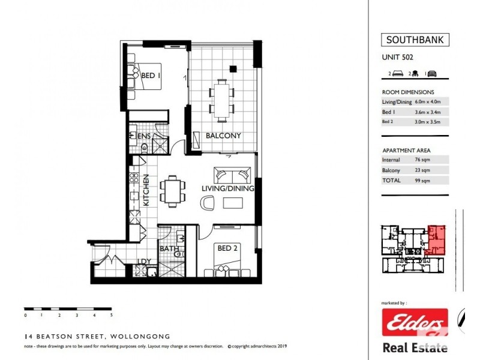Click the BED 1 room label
[x=151, y=76]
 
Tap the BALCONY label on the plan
[x=223, y=136]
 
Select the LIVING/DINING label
[x=227, y=188]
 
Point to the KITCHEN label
[x=145, y=191]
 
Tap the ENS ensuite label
[x=144, y=136]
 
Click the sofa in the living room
[x=232, y=176]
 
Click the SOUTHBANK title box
[x=415, y=41]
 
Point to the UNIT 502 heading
[x=398, y=58]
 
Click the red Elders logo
[x=415, y=323]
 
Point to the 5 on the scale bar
[x=112, y=314]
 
